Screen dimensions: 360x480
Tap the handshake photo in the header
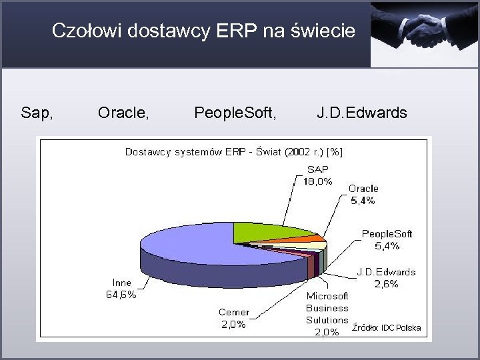tap(425, 33)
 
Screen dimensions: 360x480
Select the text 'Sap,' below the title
tap(37, 113)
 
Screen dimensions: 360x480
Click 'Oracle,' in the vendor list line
tap(123, 113)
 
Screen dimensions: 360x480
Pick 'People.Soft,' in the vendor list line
tap(234, 113)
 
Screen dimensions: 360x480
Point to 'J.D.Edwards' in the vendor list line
tap(361, 113)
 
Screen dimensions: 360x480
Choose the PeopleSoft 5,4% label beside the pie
tap(387, 239)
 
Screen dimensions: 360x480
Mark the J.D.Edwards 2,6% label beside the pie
tap(386, 277)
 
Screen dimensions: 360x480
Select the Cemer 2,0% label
tap(234, 318)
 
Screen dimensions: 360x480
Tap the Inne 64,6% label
tap(121, 289)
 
